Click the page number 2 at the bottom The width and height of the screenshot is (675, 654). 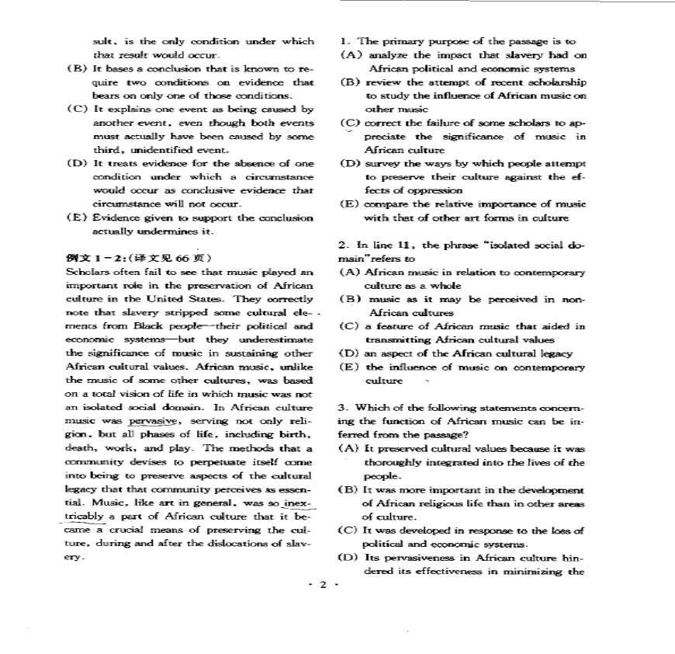coord(324,584)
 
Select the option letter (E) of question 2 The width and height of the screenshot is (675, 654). coord(348,367)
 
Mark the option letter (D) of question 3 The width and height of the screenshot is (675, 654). coord(348,558)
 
